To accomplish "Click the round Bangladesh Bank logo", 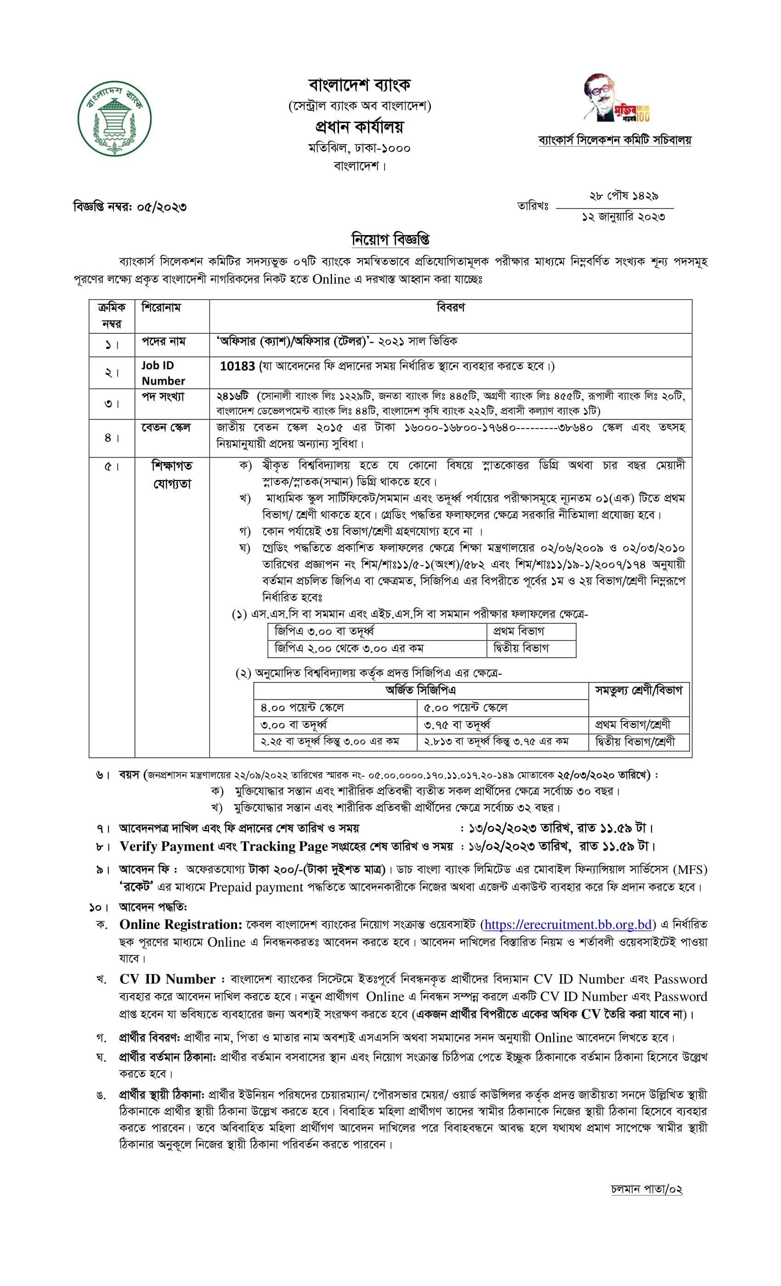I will click(x=114, y=118).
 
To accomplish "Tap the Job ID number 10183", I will click(x=237, y=367).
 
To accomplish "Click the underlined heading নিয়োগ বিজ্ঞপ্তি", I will click(x=390, y=240).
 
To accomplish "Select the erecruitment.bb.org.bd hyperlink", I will click(x=567, y=924).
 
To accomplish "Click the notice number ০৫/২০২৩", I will click(x=161, y=207).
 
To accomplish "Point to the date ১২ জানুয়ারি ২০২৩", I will click(x=623, y=217).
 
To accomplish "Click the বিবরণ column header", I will click(x=450, y=307).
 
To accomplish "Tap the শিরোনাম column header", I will click(x=161, y=307).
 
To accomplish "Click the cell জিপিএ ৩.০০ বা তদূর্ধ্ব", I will click(x=324, y=631).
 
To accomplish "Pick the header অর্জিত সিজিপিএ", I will click(x=420, y=690).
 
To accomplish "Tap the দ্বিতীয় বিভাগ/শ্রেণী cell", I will click(x=635, y=741).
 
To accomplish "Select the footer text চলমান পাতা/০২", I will click(x=646, y=1189).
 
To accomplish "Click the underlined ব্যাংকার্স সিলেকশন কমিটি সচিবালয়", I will click(x=615, y=140).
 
